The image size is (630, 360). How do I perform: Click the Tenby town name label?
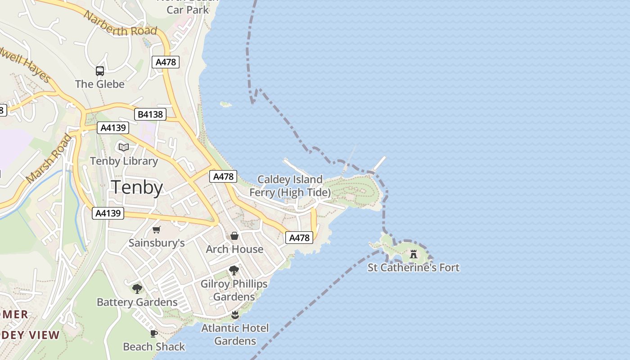(x=137, y=187)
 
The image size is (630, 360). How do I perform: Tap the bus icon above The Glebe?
(x=99, y=71)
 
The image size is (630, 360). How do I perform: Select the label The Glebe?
(x=99, y=84)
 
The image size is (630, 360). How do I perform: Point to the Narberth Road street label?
(x=120, y=24)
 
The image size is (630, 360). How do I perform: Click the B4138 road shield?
(x=150, y=114)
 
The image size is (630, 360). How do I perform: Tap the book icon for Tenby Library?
(x=123, y=147)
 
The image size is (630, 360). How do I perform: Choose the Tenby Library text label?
(x=124, y=161)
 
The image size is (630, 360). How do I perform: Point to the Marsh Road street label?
(x=48, y=158)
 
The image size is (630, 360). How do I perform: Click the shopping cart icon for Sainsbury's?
(x=156, y=230)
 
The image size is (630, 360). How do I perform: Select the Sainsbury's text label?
(x=157, y=243)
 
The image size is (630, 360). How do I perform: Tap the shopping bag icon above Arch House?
(x=234, y=236)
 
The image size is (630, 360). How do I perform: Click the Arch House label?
(x=234, y=249)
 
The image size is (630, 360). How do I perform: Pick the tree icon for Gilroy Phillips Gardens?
(x=234, y=270)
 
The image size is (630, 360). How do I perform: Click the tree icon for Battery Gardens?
(x=137, y=288)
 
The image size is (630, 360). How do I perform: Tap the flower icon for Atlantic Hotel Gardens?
(x=234, y=315)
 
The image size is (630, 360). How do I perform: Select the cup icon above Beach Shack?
(x=153, y=333)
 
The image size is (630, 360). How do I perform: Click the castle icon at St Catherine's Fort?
(x=414, y=254)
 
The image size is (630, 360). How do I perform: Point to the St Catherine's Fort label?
(x=414, y=268)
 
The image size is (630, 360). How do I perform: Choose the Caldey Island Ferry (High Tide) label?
(x=290, y=186)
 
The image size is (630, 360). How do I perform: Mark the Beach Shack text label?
(x=154, y=347)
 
